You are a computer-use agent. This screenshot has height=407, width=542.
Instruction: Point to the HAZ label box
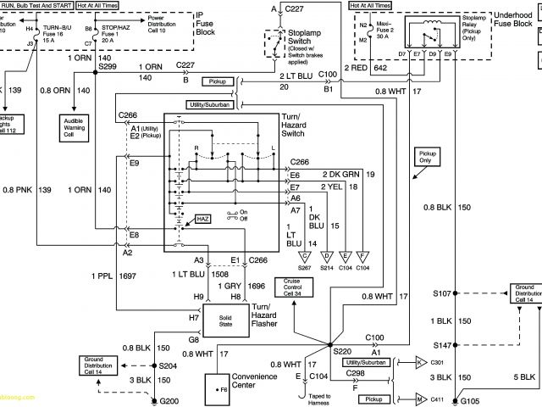point(202,218)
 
